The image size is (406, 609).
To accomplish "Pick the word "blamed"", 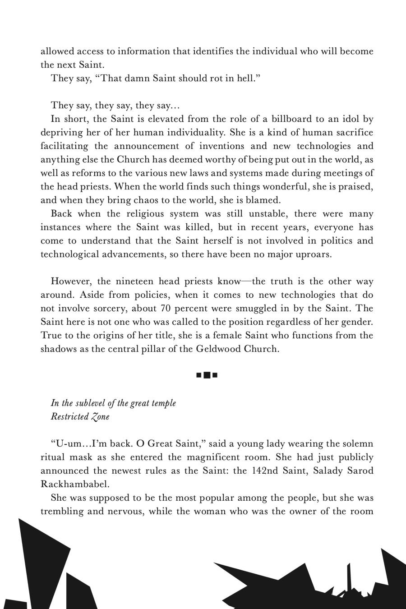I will tap(264, 200).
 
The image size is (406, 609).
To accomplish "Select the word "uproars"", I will tap(313, 254).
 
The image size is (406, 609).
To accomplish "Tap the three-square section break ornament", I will tap(207, 375).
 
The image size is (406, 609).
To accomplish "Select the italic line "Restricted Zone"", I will tap(80, 417).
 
